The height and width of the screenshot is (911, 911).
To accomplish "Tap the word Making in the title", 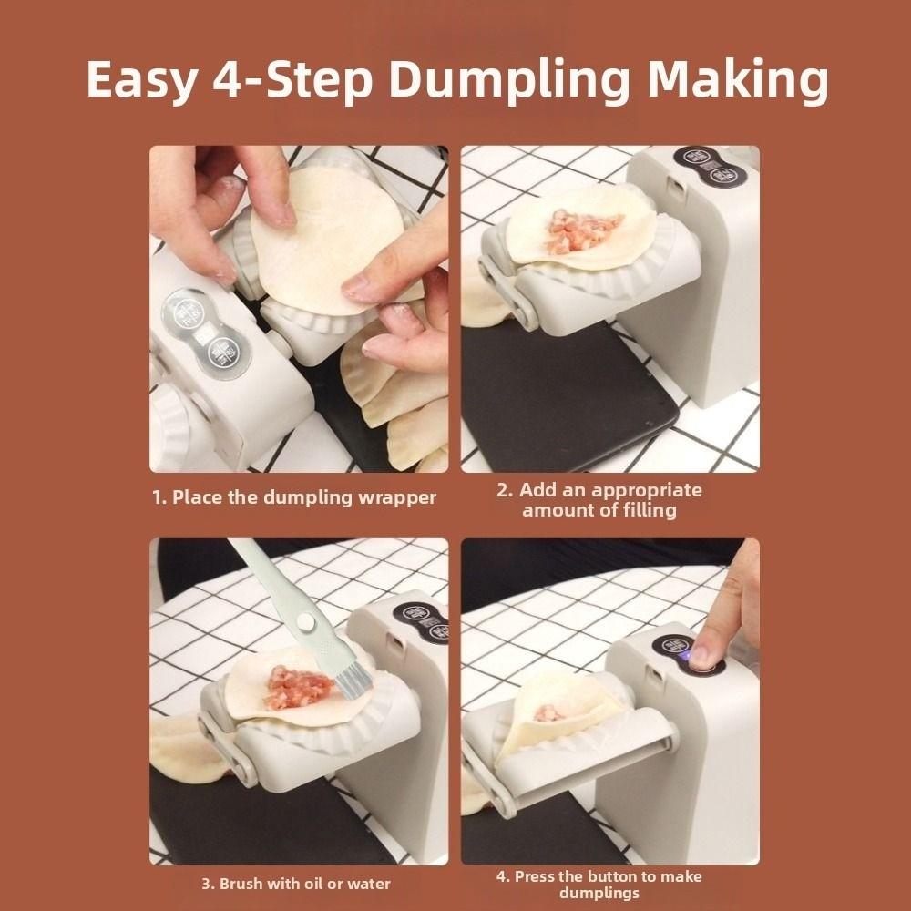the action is pyautogui.click(x=738, y=80).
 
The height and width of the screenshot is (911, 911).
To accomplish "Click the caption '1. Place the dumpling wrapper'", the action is pyautogui.click(x=294, y=498).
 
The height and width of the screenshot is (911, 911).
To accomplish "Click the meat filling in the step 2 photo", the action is pyautogui.click(x=583, y=230).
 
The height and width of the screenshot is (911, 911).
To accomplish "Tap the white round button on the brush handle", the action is pyautogui.click(x=305, y=622).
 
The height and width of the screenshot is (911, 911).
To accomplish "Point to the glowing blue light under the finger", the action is pyautogui.click(x=688, y=656).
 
